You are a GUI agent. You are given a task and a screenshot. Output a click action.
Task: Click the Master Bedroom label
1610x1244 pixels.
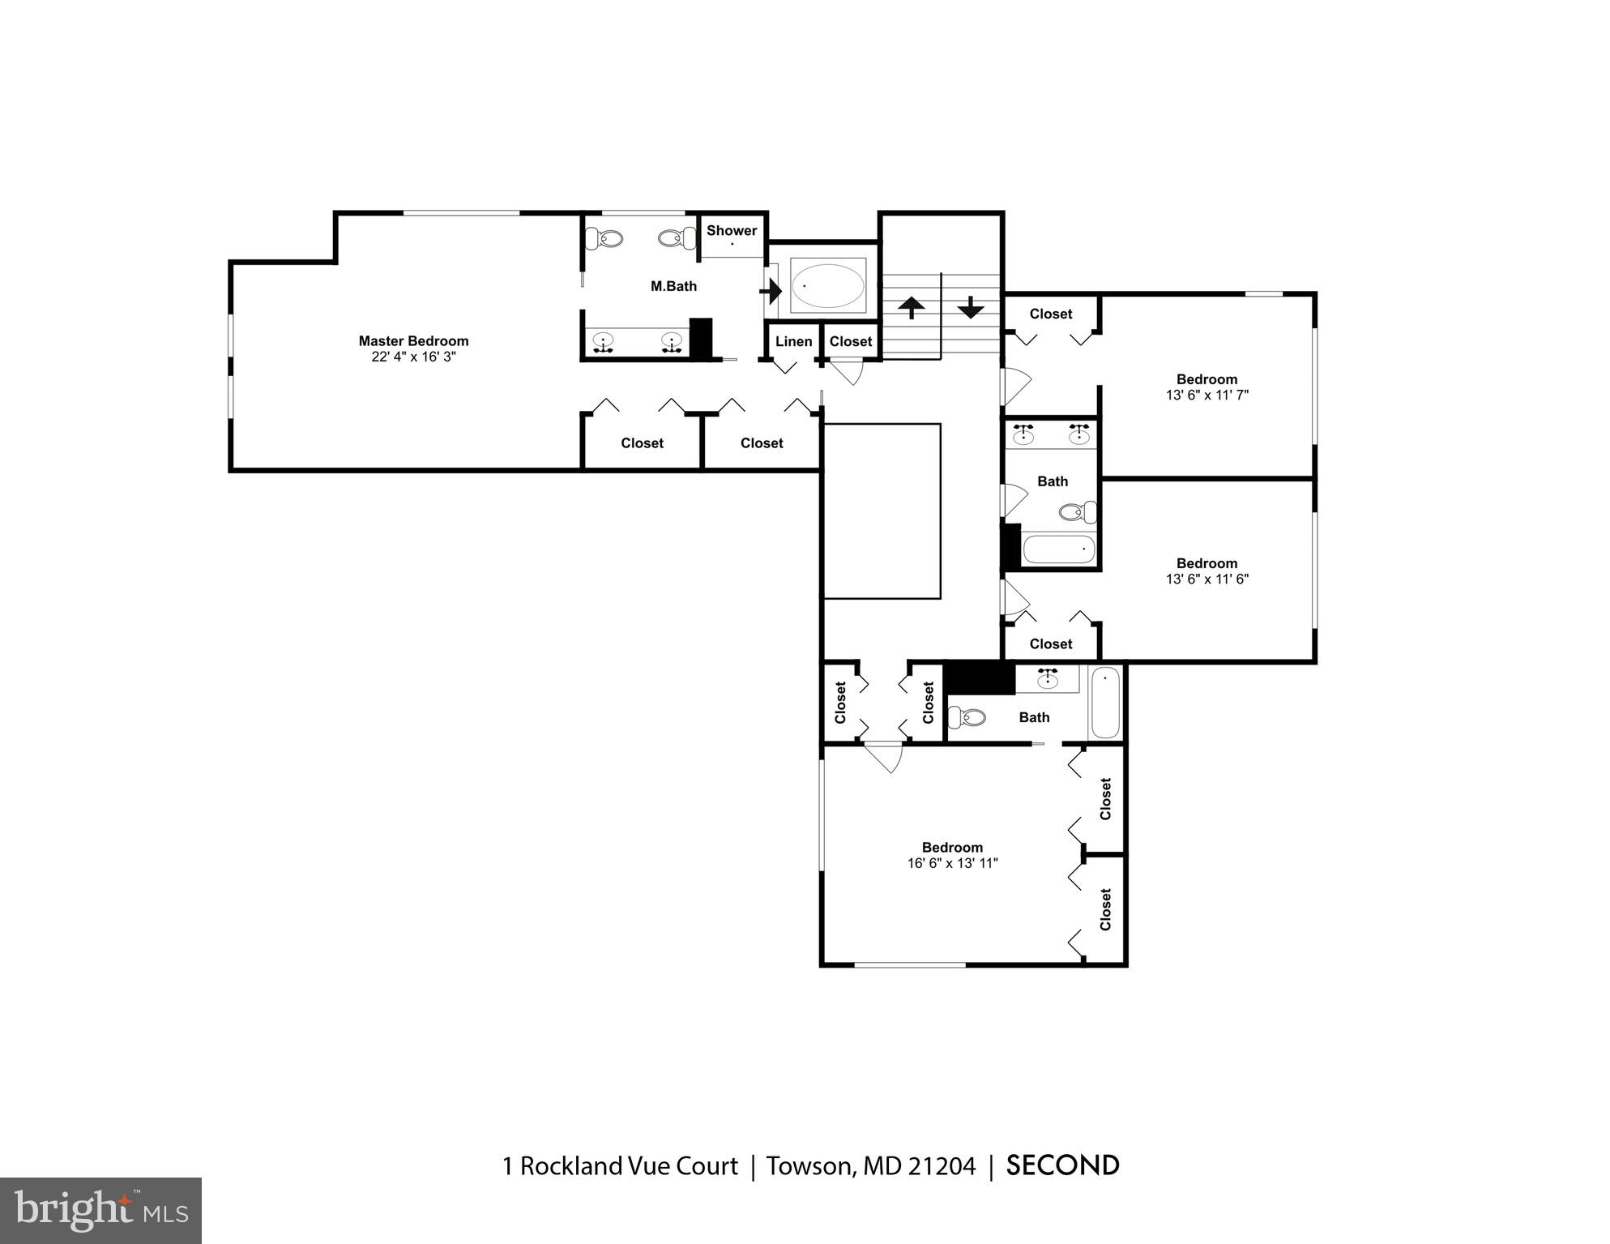413,341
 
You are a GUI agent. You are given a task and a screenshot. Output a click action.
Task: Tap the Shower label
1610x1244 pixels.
731,230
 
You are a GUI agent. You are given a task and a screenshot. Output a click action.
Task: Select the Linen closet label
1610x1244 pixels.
793,341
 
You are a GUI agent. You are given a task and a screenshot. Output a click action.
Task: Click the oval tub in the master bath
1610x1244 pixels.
827,286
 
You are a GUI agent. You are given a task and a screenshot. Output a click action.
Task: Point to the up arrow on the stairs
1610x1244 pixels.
912,307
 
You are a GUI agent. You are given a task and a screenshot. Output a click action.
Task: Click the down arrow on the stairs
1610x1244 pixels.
970,307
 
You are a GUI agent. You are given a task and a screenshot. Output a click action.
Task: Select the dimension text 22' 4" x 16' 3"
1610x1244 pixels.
413,357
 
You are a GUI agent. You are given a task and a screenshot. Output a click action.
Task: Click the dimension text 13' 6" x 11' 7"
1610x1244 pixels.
1206,395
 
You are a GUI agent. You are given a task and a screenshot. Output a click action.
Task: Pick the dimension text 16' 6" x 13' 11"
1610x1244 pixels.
952,863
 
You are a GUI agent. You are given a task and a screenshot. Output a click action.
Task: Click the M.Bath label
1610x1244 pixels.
673,286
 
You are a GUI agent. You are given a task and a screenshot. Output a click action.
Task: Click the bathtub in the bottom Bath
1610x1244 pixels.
1105,702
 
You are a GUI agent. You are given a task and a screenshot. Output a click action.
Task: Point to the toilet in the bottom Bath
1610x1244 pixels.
967,716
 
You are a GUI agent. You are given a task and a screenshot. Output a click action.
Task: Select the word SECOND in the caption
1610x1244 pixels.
1062,1165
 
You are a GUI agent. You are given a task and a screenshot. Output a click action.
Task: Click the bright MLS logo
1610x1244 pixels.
100,1210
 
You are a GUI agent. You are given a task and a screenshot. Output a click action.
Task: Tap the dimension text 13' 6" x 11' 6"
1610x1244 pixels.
1206,579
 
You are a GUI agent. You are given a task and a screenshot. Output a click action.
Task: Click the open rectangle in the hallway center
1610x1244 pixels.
882,511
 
